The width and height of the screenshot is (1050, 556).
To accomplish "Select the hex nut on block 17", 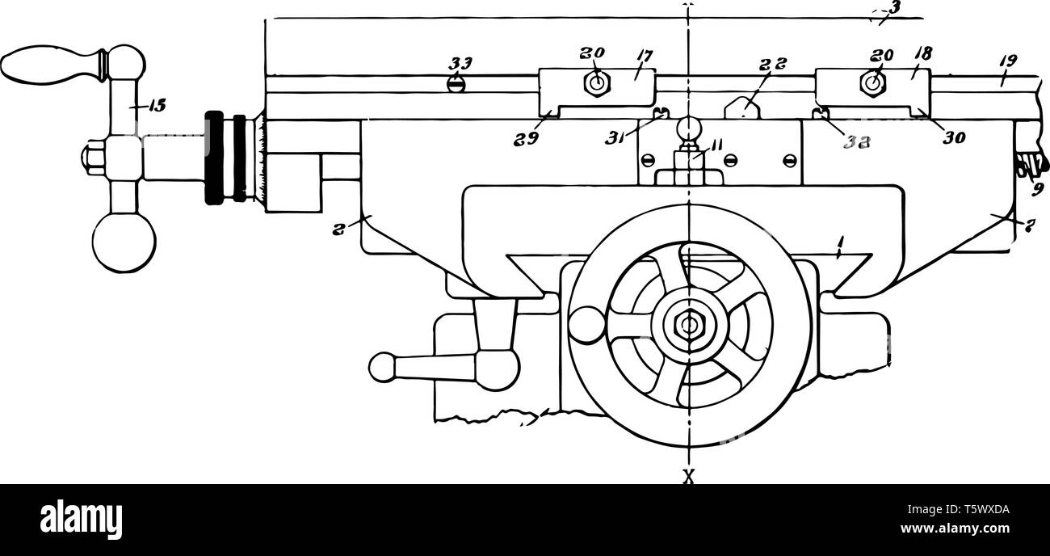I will click(x=595, y=82).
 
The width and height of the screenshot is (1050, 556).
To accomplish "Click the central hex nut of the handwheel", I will click(x=688, y=324).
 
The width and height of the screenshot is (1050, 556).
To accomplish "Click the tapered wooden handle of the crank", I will click(x=50, y=65).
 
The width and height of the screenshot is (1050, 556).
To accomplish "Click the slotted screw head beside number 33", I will click(x=456, y=82).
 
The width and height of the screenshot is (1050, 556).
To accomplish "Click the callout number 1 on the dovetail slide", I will click(x=840, y=251).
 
